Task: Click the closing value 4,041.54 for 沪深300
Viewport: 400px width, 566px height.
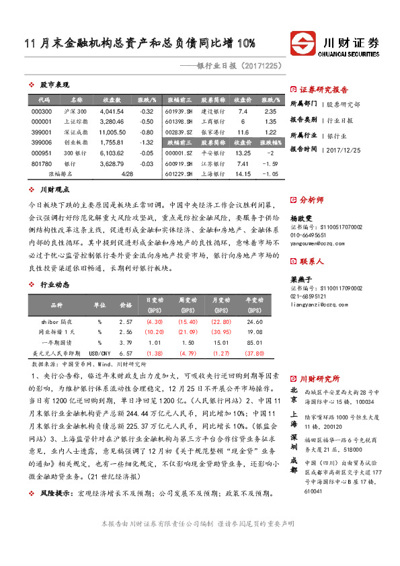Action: pos(112,111)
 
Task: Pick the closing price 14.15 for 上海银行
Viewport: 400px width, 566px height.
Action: pos(243,174)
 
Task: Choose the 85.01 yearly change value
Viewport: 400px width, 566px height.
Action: pos(255,343)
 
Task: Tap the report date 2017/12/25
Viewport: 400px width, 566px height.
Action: pos(344,149)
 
